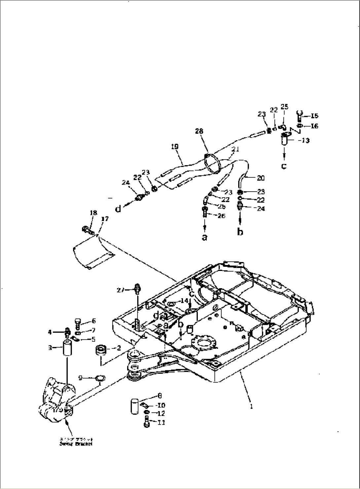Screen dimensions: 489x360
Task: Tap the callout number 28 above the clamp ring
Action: [199, 131]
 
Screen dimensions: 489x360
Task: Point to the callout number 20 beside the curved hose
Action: [261, 178]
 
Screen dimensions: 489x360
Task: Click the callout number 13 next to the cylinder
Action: [306, 141]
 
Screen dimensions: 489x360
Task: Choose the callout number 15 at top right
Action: [314, 116]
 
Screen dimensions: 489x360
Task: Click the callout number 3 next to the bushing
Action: [50, 348]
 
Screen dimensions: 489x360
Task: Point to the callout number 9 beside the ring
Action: [81, 377]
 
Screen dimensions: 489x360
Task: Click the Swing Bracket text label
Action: [76, 444]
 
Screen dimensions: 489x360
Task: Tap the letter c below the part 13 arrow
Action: [284, 166]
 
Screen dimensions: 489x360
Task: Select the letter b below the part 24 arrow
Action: [240, 232]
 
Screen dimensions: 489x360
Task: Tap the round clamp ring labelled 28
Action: [212, 164]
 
